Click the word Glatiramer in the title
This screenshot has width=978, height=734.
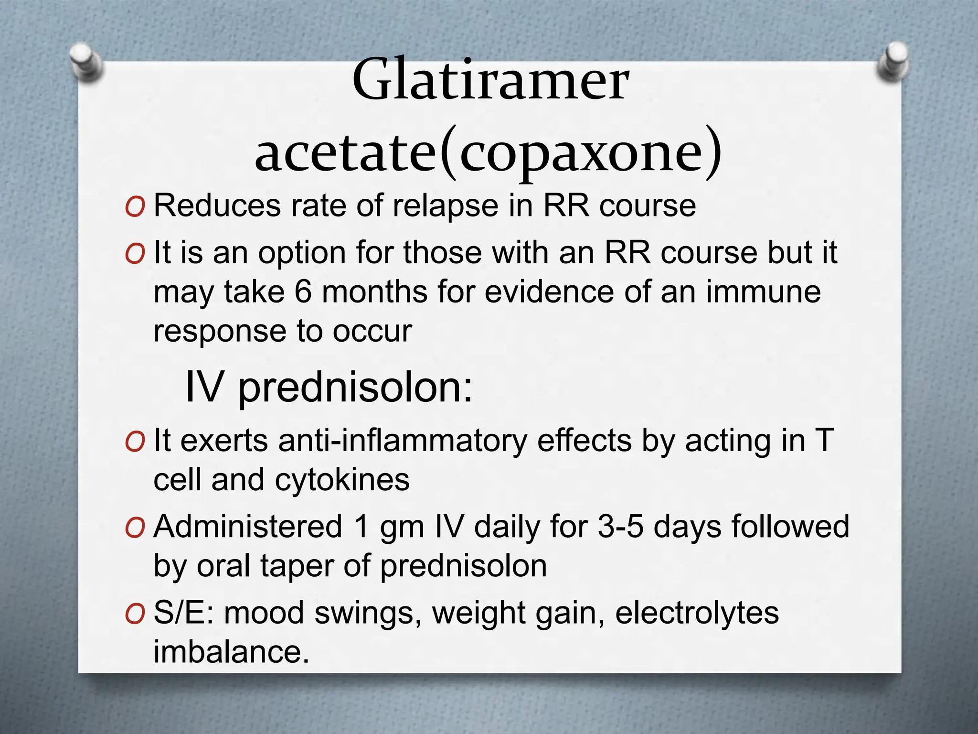pos(490,80)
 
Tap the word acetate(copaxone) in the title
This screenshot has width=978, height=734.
pos(489,152)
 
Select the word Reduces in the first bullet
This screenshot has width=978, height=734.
pos(217,206)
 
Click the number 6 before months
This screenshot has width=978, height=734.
pos(303,292)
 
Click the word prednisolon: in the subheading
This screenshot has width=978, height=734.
pos(355,387)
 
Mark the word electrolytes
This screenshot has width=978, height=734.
pos(697,613)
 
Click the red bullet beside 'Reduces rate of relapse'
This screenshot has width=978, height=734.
pos(135,207)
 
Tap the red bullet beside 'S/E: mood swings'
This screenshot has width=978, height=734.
pos(135,614)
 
